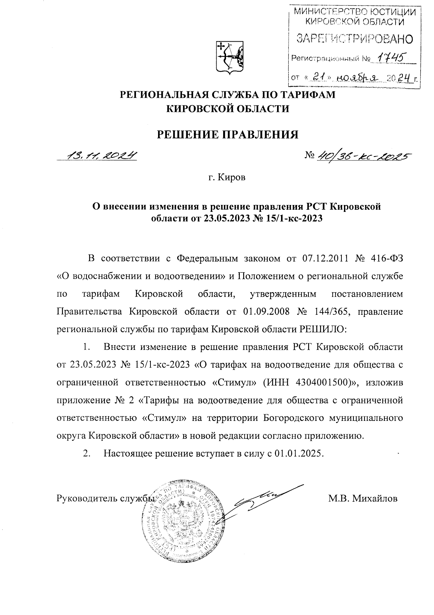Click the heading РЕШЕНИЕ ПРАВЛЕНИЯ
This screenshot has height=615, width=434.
(227, 135)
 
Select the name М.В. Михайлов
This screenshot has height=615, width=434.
(363, 499)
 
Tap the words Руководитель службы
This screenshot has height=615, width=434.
(103, 499)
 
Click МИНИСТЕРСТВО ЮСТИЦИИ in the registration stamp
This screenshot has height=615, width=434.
(354, 12)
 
